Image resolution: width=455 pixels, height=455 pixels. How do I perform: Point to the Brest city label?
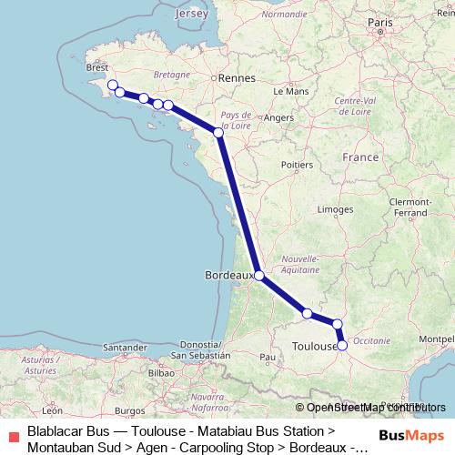point(96,66)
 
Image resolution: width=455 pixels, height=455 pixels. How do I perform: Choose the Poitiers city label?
point(298,165)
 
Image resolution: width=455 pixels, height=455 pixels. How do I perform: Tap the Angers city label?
point(278,116)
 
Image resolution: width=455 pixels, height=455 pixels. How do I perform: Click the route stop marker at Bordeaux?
point(259,275)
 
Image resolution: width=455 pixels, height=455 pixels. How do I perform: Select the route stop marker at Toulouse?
point(342,346)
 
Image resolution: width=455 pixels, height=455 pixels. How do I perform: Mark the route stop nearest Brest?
point(113,86)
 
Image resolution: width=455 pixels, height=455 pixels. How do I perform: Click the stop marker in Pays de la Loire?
point(218,133)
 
